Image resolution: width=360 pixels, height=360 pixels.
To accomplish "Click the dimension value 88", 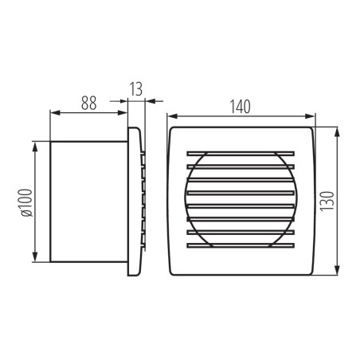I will (x=88, y=102).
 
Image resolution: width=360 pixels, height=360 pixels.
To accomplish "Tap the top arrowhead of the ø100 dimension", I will (x=35, y=145).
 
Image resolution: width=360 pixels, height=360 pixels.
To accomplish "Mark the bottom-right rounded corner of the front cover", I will (x=309, y=272).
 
